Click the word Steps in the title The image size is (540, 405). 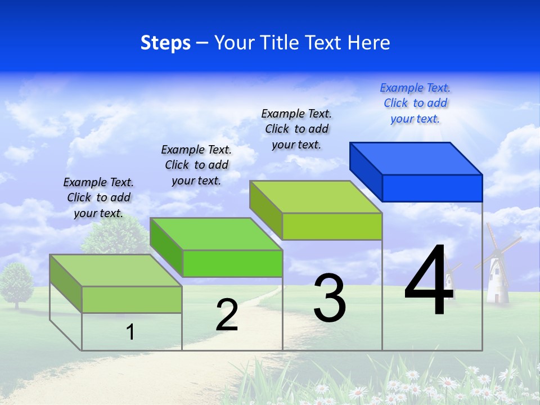point(165,43)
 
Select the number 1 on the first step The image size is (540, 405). point(130,332)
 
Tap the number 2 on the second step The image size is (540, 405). point(227,316)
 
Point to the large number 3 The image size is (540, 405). point(330,298)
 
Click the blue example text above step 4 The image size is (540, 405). point(415,103)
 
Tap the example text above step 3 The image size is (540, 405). point(296,129)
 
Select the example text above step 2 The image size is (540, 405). point(196,165)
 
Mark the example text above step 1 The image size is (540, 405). point(98,197)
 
